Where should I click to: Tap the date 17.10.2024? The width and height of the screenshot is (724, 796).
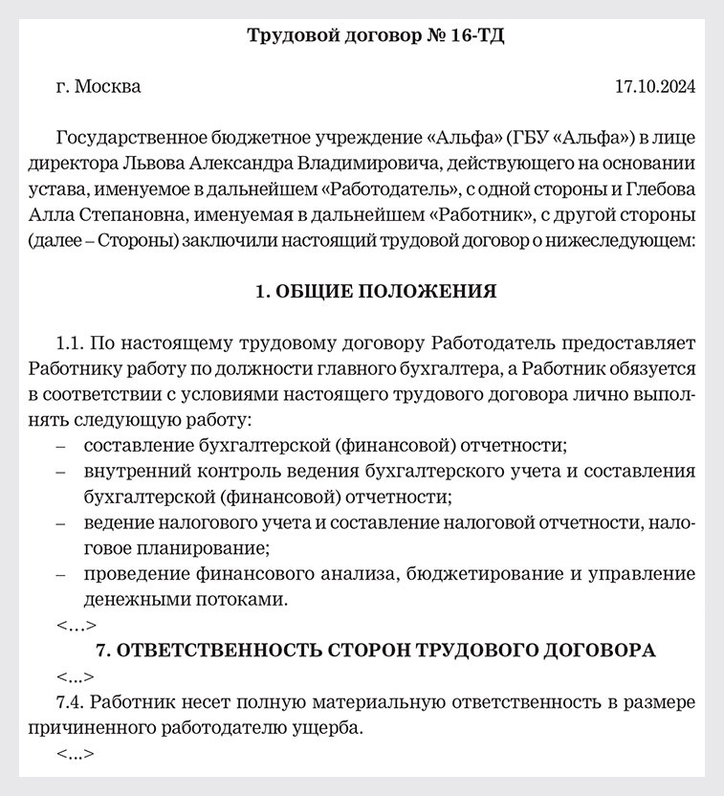coord(654,87)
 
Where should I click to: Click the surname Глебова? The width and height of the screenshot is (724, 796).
coord(658,188)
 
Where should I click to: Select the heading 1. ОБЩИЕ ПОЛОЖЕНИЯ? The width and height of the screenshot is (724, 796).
coord(375,291)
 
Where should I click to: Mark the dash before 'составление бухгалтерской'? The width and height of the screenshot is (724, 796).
coord(62,446)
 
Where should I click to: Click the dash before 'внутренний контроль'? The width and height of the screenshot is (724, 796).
coord(62,472)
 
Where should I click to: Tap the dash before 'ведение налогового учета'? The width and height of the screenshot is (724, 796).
coord(62,523)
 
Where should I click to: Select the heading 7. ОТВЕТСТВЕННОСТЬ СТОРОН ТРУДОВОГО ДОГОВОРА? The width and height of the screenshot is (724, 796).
coord(376,651)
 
